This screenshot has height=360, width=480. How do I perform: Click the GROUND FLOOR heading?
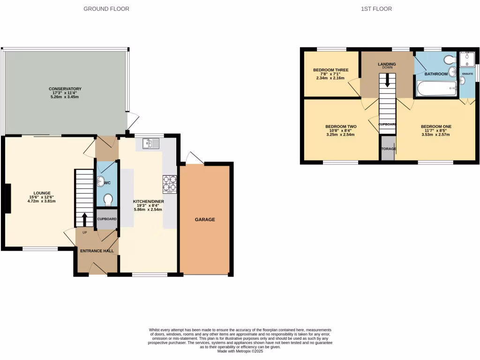[106, 9]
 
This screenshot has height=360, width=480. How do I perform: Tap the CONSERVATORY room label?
[65, 89]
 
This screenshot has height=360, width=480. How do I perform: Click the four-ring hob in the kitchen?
[170, 184]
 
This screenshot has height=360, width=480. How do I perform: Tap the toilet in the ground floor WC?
[108, 200]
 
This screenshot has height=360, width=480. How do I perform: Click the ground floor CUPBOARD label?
[107, 219]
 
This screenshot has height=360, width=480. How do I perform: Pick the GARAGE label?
[205, 219]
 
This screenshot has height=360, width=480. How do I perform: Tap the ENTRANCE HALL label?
[97, 251]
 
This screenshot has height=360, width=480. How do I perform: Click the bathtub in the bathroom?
[436, 89]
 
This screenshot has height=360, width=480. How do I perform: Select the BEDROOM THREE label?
[330, 70]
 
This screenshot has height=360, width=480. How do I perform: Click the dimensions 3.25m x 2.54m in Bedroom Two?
[341, 135]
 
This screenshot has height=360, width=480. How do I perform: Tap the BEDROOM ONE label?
[436, 127]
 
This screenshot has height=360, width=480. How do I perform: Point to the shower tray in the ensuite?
[467, 60]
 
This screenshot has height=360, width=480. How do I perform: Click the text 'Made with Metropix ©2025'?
[240, 351]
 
